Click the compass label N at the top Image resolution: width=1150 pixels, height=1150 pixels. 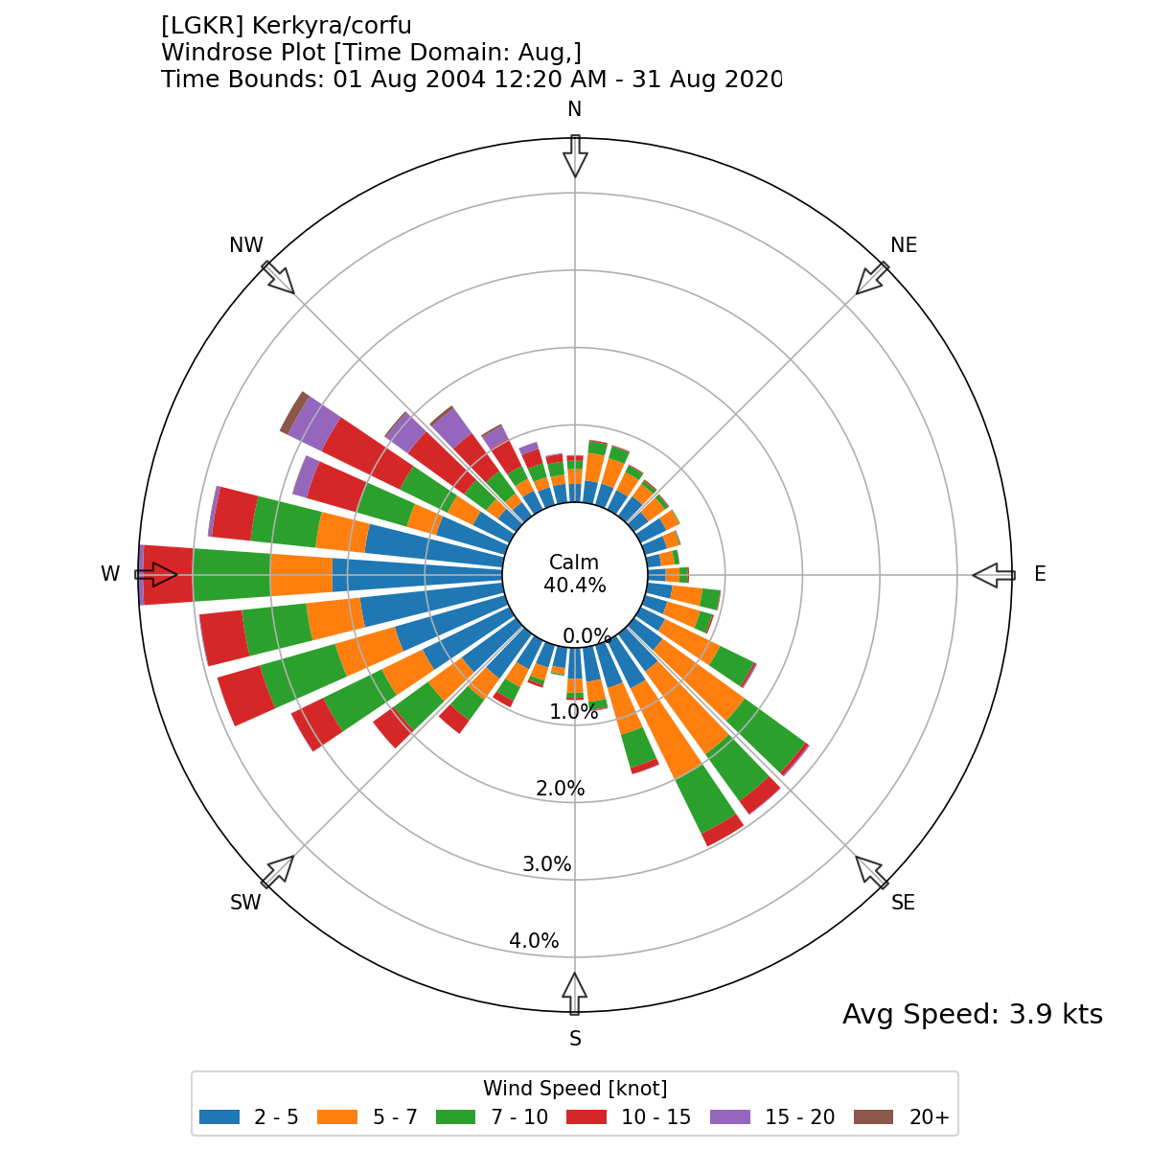coord(574,109)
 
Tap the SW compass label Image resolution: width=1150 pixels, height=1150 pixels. coord(245,903)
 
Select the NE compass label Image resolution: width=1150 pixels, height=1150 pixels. coord(904,245)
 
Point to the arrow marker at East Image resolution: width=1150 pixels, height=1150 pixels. coord(993,575)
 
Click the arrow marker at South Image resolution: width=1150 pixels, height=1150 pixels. coord(574,993)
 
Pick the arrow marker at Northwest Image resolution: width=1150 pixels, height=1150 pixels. coord(279,278)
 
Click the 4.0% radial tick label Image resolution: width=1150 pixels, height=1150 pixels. coord(534,941)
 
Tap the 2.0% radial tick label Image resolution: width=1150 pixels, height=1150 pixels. coord(560,789)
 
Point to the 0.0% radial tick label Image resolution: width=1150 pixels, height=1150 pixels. coord(586,636)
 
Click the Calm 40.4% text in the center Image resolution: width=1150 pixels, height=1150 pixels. coord(574,574)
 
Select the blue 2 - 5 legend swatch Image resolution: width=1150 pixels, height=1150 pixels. coord(219,1117)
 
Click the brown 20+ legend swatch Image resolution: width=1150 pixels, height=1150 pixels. coord(872,1117)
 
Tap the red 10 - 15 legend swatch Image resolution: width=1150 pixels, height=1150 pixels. coord(586,1117)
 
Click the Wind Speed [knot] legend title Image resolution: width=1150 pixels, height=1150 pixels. coord(575,1089)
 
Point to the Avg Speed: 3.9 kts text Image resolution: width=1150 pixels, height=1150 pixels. coord(972,1014)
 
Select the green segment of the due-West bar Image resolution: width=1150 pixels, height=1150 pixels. coord(231,575)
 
